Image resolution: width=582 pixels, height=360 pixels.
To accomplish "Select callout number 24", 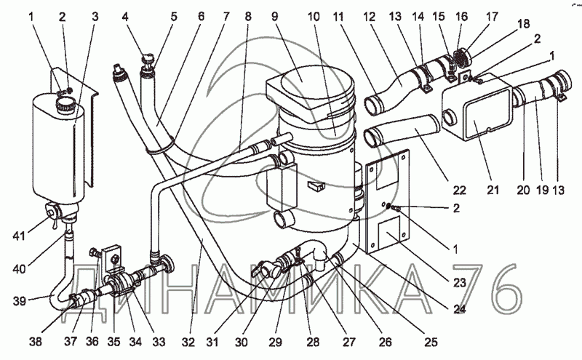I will coord(459,308).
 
